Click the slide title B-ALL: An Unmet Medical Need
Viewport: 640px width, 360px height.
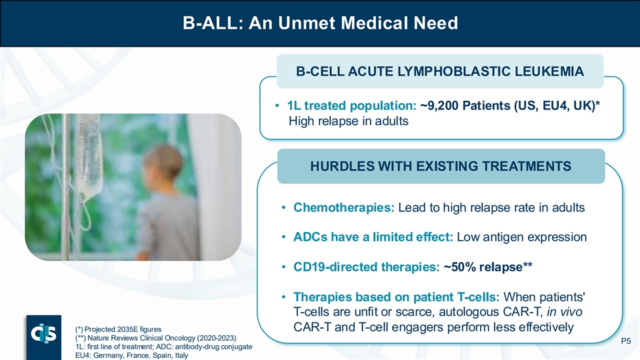(320, 23)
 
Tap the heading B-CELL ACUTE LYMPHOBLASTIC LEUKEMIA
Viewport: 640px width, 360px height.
(440, 71)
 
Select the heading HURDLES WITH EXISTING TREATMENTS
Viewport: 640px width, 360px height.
(441, 166)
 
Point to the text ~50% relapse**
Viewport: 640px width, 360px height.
(488, 267)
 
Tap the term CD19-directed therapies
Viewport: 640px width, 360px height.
(366, 267)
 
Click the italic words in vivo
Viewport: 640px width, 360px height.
(565, 312)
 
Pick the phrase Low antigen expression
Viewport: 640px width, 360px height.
(521, 237)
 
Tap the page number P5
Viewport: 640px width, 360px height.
(626, 341)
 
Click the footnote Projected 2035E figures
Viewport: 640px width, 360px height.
(119, 329)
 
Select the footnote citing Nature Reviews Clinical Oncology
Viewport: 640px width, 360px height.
(155, 338)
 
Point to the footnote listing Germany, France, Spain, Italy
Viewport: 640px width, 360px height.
(131, 355)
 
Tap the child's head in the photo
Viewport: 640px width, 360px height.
(162, 164)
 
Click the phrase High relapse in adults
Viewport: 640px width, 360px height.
(349, 121)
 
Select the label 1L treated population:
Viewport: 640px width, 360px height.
(351, 106)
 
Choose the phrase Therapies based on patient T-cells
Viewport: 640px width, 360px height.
(396, 297)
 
